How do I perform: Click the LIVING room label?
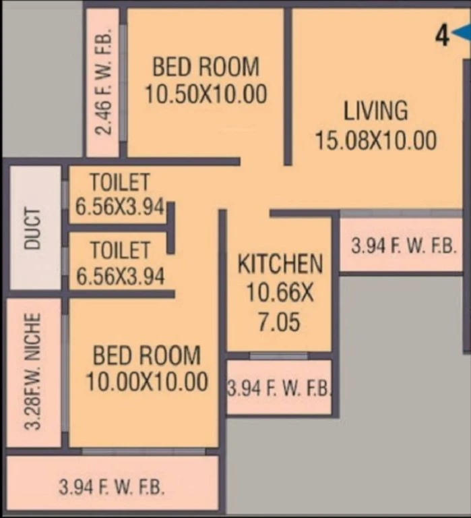[375, 111]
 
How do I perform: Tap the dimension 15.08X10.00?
[376, 140]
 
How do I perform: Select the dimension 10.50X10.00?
[206, 94]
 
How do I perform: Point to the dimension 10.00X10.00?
[147, 382]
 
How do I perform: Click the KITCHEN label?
[280, 264]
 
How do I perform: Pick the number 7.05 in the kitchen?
[279, 322]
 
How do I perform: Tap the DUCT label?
[32, 228]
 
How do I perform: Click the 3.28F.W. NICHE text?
[33, 372]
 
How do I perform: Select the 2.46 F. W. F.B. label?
[103, 82]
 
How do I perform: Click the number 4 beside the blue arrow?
[443, 36]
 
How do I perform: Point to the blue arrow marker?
[462, 33]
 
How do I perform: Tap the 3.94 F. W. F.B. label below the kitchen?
[279, 388]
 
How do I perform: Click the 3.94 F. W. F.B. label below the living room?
[404, 246]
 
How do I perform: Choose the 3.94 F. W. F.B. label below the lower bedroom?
[112, 487]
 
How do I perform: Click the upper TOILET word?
[120, 182]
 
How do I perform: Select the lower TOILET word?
[121, 250]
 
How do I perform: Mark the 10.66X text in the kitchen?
[280, 293]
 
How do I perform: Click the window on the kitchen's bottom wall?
[279, 356]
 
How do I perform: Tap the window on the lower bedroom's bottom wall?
[144, 451]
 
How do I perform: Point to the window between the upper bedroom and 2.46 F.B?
[123, 82]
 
